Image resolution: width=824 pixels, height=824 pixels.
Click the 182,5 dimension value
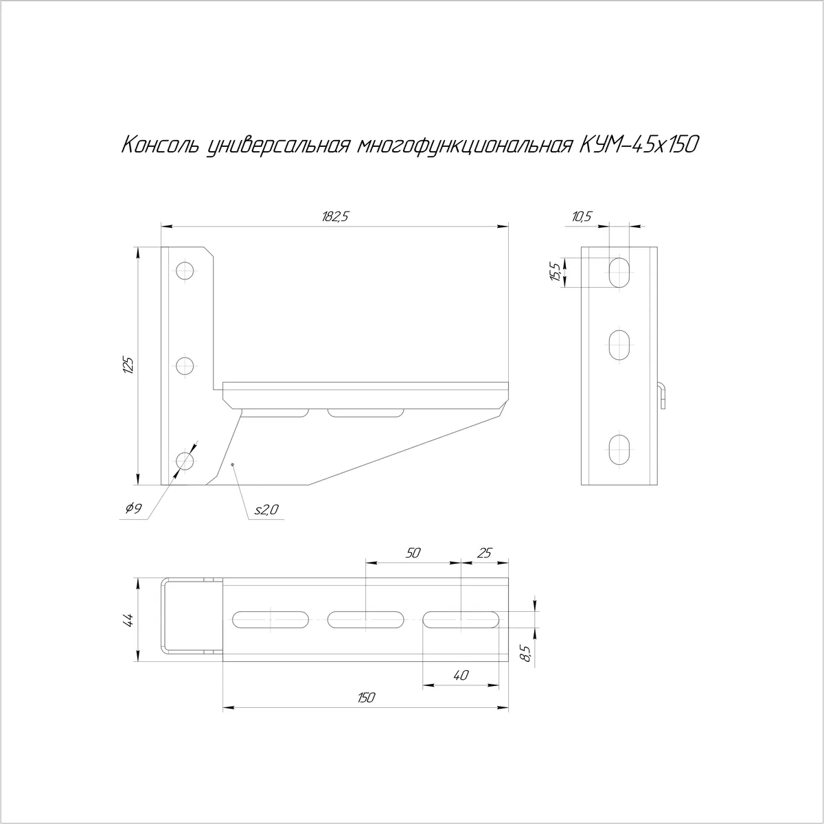click(x=336, y=217)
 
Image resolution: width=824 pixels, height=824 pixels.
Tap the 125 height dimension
click(x=128, y=365)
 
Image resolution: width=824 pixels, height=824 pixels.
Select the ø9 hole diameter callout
click(x=133, y=508)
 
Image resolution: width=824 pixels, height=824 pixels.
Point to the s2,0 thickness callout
click(x=266, y=510)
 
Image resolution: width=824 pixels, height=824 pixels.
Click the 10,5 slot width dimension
click(x=582, y=217)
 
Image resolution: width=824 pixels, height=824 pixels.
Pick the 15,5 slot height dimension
click(x=556, y=272)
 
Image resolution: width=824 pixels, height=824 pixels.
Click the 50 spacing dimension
click(x=413, y=553)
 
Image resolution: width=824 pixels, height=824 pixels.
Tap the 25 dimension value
click(x=485, y=553)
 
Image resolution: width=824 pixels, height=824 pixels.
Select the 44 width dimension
click(x=128, y=620)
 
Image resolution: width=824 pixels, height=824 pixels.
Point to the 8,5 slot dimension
click(x=527, y=654)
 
